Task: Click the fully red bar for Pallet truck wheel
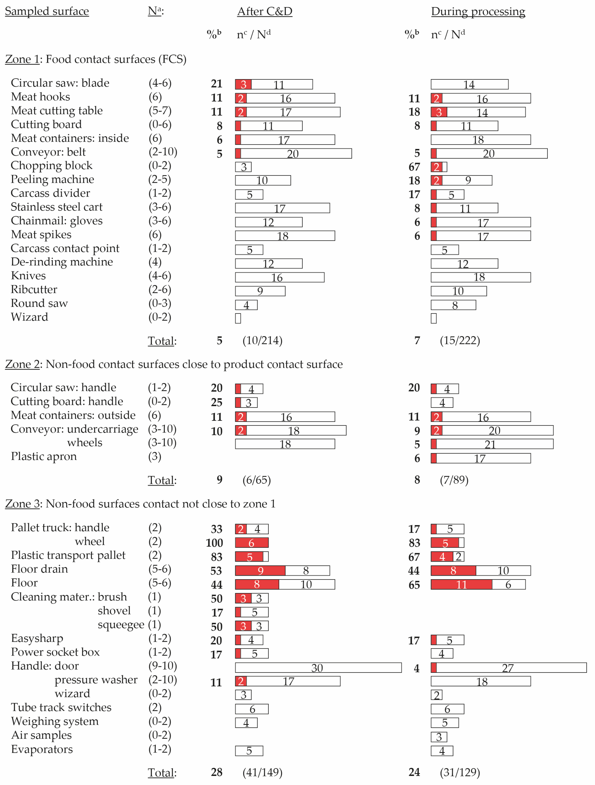251,543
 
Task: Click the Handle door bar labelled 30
318,668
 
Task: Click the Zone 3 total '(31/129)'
460,772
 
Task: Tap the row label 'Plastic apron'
44,456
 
